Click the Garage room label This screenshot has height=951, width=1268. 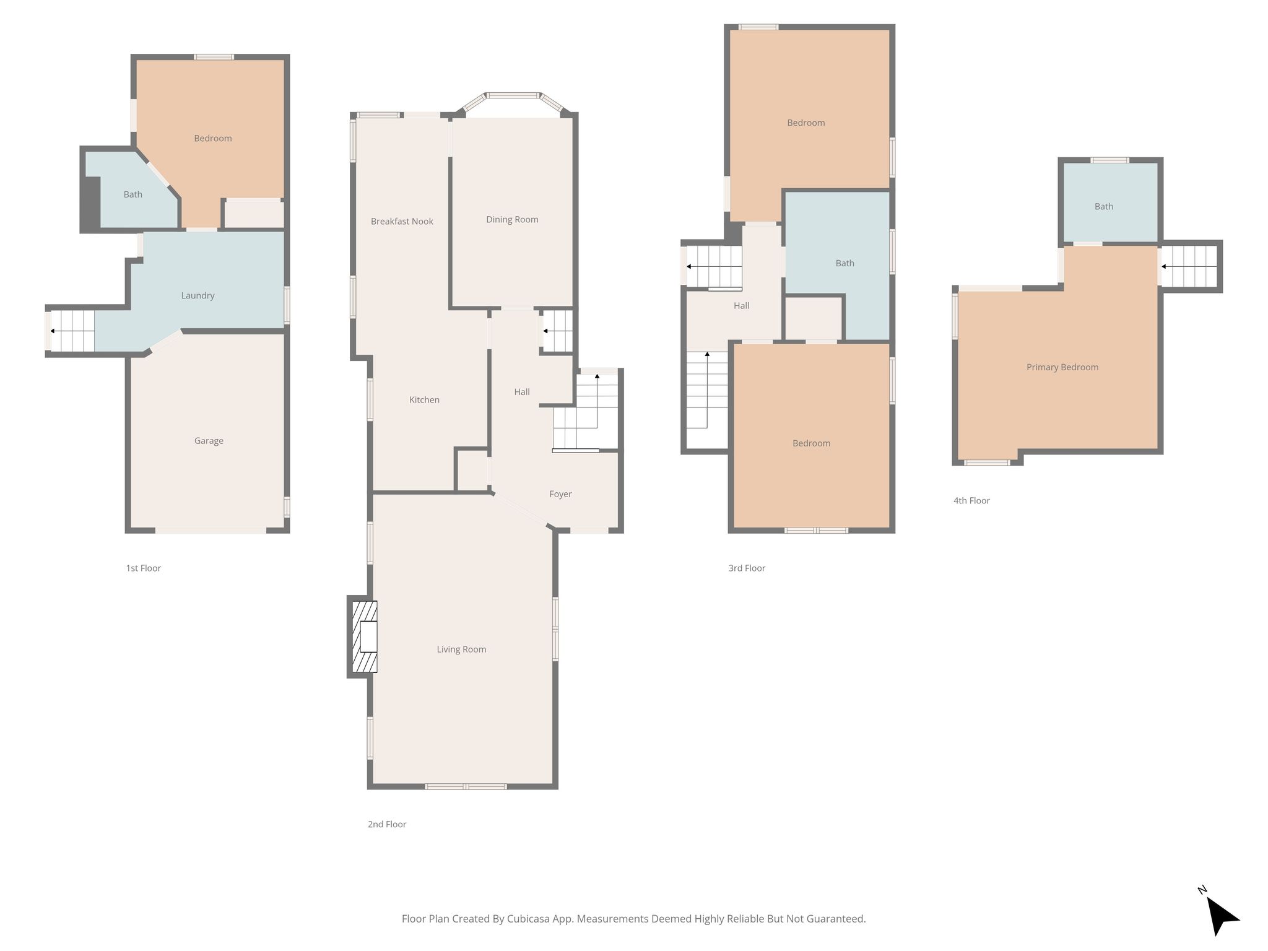click(209, 441)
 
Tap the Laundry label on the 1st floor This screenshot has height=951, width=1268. click(198, 295)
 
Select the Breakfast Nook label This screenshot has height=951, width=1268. click(402, 221)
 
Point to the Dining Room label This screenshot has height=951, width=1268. click(512, 219)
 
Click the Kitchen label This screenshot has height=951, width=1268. click(424, 400)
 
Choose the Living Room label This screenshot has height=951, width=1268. click(461, 649)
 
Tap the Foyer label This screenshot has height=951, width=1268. click(560, 494)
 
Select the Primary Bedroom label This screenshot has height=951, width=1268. click(1062, 367)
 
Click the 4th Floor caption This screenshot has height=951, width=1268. click(971, 500)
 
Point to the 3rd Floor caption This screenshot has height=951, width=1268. click(747, 568)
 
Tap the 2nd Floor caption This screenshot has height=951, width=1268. click(387, 824)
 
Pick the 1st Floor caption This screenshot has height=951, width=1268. click(143, 568)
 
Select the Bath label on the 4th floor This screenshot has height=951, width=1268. click(1104, 206)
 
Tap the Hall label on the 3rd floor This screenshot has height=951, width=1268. click(741, 305)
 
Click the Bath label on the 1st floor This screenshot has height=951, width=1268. click(133, 194)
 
